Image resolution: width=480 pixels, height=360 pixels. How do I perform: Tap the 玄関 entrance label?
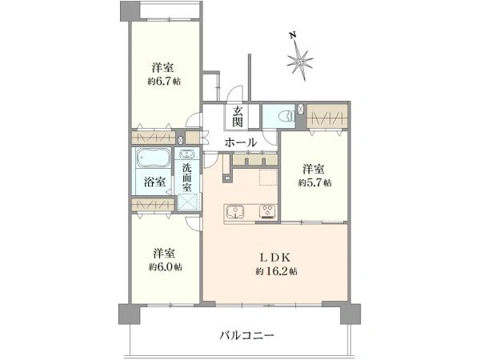click(x=238, y=118)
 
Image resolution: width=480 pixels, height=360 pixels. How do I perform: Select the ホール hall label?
click(x=240, y=142)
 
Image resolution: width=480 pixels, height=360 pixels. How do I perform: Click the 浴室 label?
click(x=155, y=182)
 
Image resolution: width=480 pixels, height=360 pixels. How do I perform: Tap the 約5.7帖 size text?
click(x=315, y=183)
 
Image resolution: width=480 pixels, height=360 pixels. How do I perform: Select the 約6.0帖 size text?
click(x=165, y=266)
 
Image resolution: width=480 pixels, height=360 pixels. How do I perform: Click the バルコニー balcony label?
click(x=246, y=335)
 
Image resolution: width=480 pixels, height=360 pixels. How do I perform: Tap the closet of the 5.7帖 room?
click(x=328, y=118)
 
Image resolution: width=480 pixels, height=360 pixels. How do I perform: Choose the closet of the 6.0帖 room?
click(x=152, y=206)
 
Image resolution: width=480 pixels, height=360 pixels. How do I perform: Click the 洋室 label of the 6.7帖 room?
click(x=163, y=67)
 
